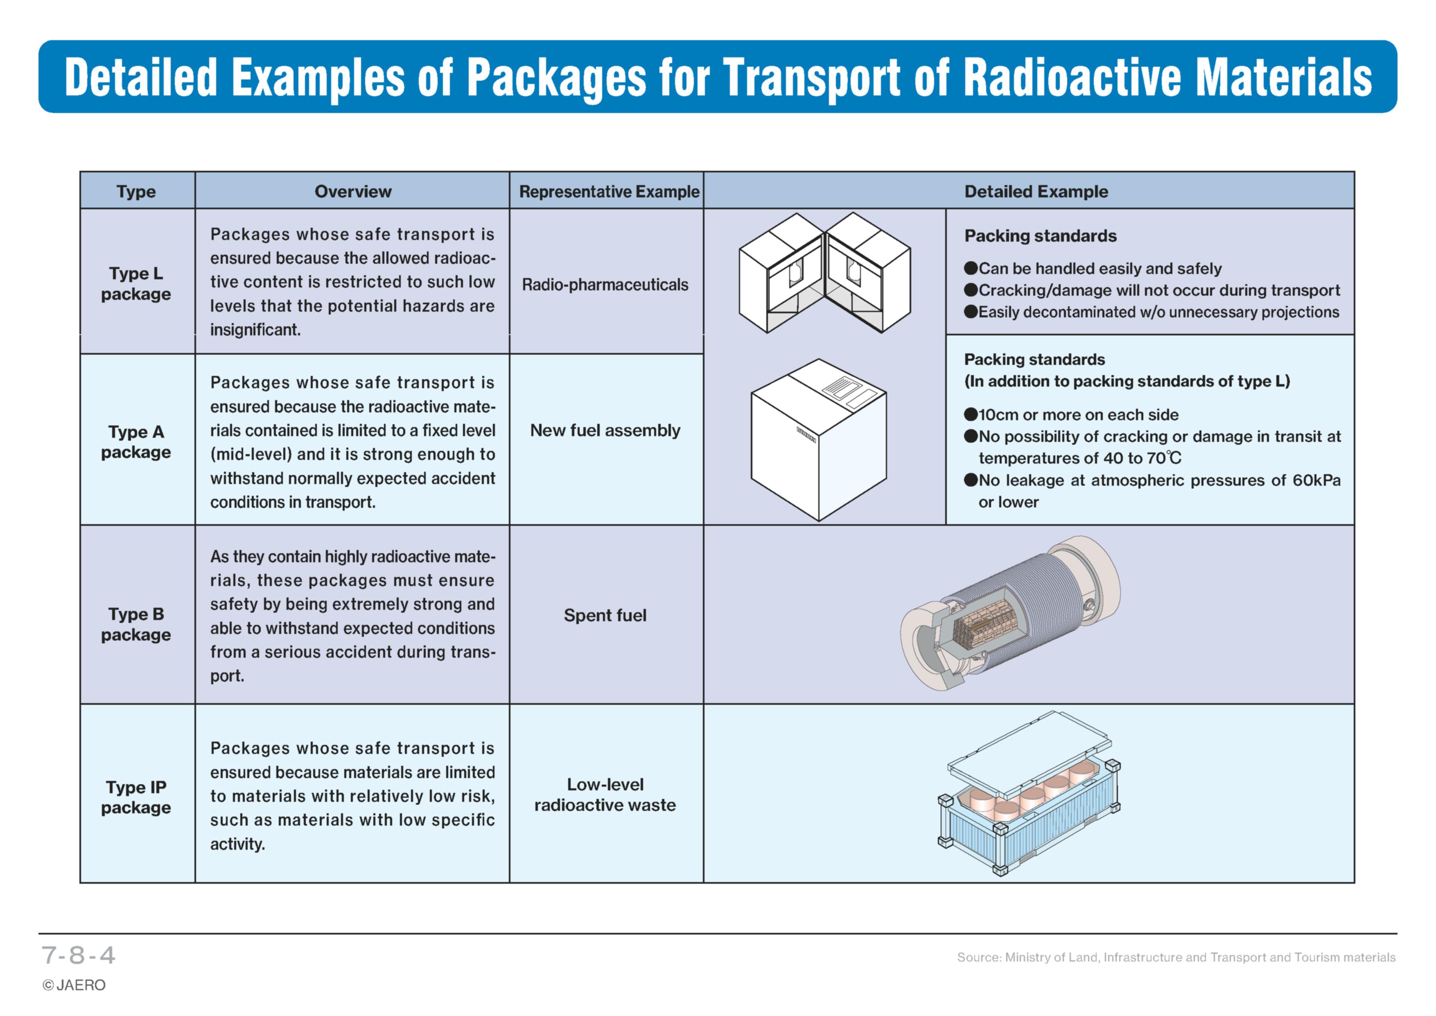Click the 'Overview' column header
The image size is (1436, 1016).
(353, 191)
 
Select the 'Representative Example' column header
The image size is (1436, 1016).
(609, 191)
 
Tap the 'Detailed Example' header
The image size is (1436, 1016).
(1036, 191)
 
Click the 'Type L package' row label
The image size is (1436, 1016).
(136, 283)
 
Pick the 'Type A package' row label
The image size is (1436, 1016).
(136, 442)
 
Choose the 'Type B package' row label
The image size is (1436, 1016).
(136, 625)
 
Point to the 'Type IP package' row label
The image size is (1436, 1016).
(136, 797)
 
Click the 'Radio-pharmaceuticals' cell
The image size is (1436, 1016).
(605, 285)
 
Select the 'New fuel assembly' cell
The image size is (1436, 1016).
(605, 430)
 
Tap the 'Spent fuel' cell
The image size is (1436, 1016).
(605, 615)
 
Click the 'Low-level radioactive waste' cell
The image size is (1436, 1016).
(605, 794)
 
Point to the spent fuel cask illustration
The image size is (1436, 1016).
(1010, 613)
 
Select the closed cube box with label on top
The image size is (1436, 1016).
(818, 440)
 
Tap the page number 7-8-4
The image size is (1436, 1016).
(78, 955)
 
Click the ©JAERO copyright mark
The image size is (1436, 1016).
(74, 985)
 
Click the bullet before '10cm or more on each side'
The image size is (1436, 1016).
(971, 414)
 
